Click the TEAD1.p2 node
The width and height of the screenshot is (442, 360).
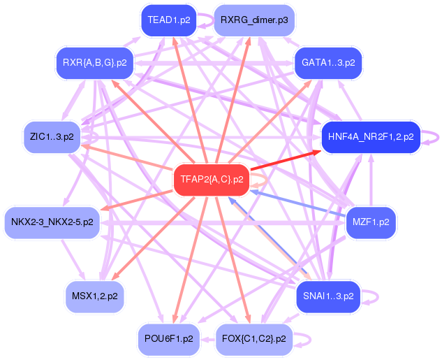pyautogui.click(x=168, y=20)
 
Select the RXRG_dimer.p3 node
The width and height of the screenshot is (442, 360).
pyautogui.click(x=254, y=20)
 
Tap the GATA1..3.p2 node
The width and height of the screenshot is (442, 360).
pyautogui.click(x=328, y=63)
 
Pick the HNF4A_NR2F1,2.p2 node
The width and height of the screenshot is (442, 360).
pyautogui.click(x=371, y=137)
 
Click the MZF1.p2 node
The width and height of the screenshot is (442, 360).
pyautogui.click(x=371, y=222)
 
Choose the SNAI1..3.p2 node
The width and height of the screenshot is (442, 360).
pyautogui.click(x=328, y=296)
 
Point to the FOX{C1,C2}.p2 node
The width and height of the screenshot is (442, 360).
pyautogui.click(x=254, y=339)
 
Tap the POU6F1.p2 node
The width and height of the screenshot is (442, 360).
pyautogui.click(x=168, y=339)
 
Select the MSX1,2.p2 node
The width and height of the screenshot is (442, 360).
pyautogui.click(x=95, y=296)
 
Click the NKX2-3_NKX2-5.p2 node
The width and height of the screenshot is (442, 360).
pyautogui.click(x=52, y=222)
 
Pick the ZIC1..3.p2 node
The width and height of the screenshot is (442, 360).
pyautogui.click(x=52, y=137)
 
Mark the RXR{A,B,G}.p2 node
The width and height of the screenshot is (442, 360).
pyautogui.click(x=95, y=63)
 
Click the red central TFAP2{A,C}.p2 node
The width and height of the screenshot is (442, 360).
pyautogui.click(x=212, y=180)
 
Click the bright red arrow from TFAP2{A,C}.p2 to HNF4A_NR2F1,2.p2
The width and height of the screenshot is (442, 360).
pyautogui.click(x=286, y=160)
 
